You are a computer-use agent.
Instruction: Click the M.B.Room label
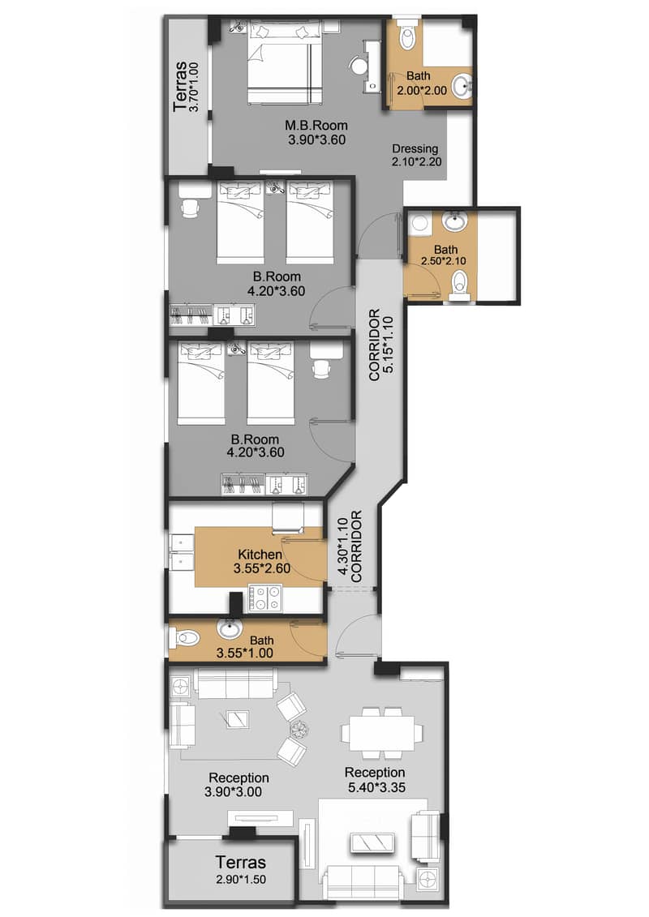pos(316,126)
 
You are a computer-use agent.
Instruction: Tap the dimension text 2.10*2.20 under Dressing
pos(415,162)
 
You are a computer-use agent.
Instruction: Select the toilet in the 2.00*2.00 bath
pos(406,36)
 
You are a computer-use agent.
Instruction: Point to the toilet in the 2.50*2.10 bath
pos(460,283)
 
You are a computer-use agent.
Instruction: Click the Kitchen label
pos(260,555)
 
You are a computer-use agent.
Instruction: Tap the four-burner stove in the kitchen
pos(267,599)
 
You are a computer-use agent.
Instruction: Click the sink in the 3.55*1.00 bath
pos(230,628)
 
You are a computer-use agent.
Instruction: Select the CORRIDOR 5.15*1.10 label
pos(380,343)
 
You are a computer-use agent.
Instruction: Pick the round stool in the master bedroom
pos(357,66)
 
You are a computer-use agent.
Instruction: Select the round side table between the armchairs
pos(300,728)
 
